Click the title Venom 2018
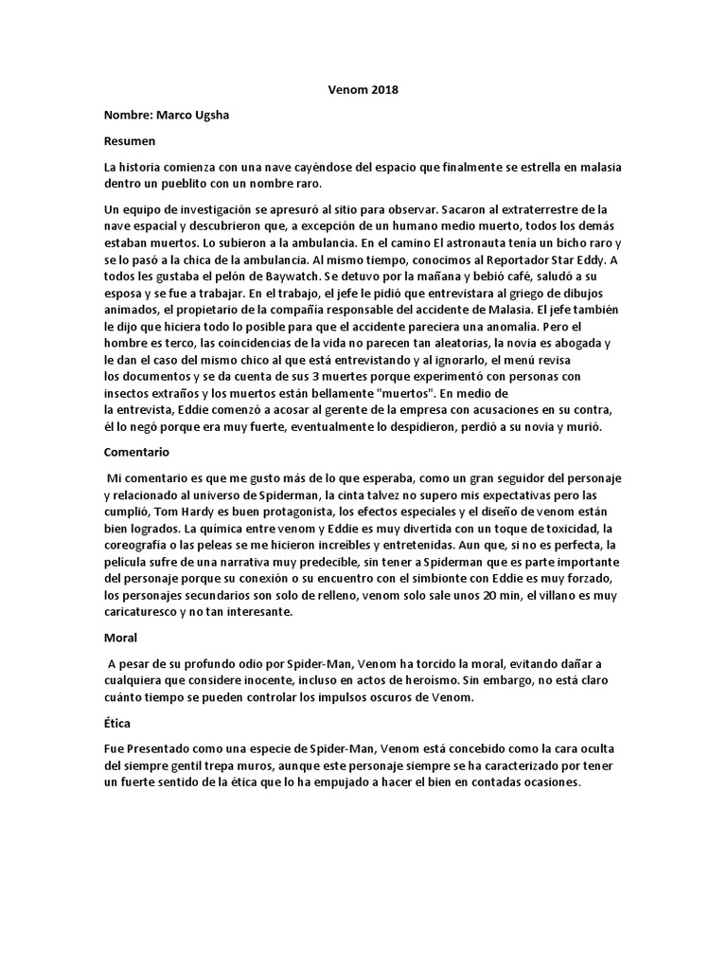(344, 91)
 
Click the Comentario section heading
(138, 453)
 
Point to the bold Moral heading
(120, 639)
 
